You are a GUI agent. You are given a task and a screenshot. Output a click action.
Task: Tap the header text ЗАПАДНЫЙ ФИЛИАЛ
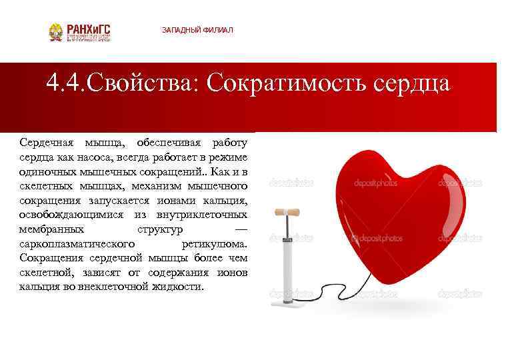(197, 31)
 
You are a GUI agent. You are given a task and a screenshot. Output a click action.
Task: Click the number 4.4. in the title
(65, 84)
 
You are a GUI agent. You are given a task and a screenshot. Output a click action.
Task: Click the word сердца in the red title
(413, 84)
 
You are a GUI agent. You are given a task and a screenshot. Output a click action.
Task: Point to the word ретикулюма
(215, 243)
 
